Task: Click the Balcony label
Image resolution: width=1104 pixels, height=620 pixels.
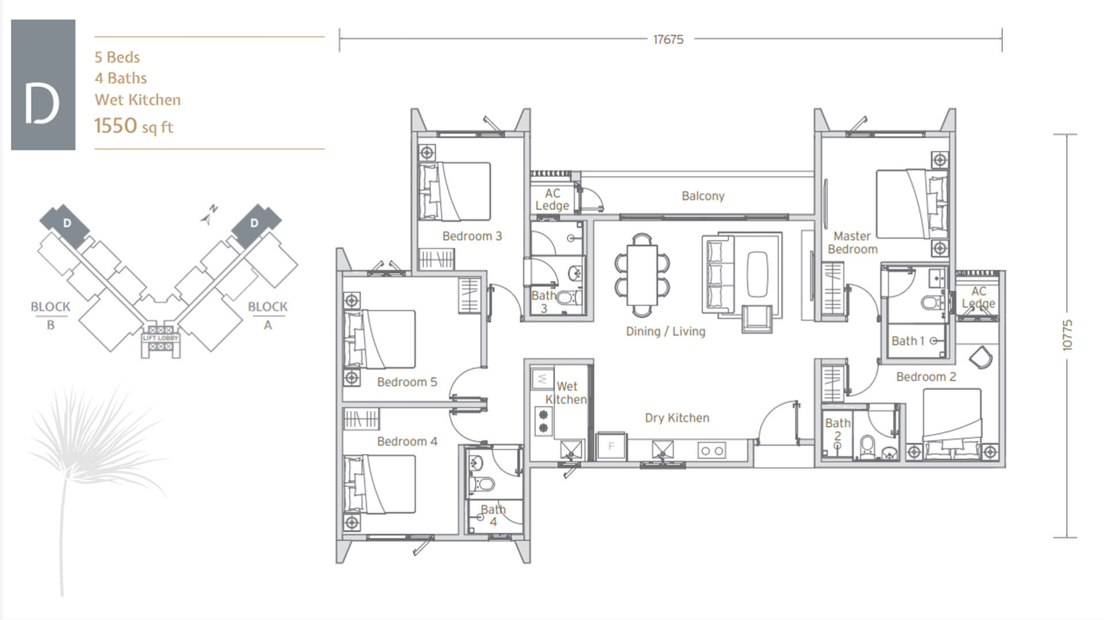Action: point(703,196)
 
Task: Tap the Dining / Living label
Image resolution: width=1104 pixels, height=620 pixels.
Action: point(665,331)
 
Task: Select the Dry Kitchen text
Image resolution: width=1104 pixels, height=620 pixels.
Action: point(677,418)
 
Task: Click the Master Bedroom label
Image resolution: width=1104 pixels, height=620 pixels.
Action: point(852,242)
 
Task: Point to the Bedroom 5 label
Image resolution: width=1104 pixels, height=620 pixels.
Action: point(407,382)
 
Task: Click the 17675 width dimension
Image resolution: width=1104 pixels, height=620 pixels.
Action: point(668,40)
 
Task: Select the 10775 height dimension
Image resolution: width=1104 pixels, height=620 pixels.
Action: point(1067,335)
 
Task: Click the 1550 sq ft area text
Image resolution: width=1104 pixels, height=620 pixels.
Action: point(133,126)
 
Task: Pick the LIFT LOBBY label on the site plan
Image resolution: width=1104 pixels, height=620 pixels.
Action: point(160,338)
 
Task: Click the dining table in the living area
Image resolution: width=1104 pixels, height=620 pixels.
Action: point(642,275)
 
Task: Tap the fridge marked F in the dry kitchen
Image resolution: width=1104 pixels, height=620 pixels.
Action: point(611,446)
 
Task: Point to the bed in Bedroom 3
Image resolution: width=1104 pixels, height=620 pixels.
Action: point(455,191)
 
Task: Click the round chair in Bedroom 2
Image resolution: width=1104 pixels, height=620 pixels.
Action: point(981,357)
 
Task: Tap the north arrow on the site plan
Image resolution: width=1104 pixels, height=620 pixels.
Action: point(209,214)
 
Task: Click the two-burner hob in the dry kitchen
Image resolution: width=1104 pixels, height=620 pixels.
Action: point(711,451)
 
